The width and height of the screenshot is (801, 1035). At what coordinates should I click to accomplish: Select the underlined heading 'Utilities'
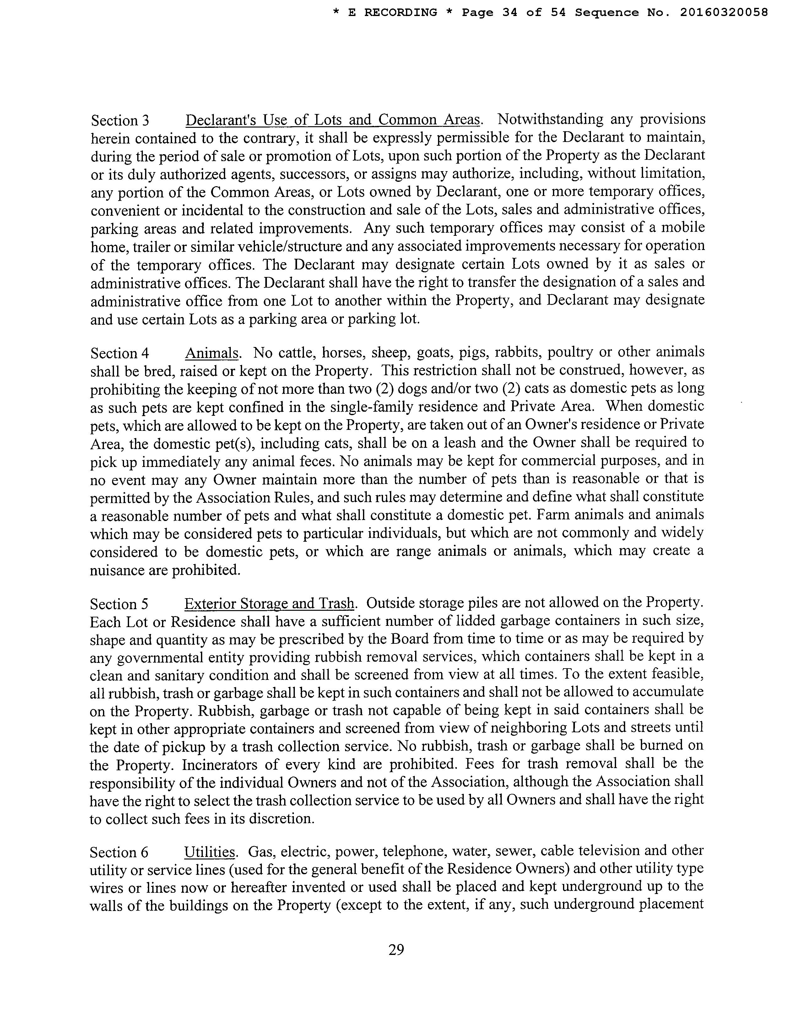(x=209, y=852)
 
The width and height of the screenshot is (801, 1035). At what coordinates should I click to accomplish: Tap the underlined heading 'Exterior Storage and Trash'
(x=269, y=603)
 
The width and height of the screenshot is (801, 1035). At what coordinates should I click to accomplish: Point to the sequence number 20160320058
(x=724, y=13)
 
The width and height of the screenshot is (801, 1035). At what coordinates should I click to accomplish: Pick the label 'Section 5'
(x=119, y=604)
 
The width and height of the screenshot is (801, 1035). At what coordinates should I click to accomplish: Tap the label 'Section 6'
(x=119, y=853)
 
